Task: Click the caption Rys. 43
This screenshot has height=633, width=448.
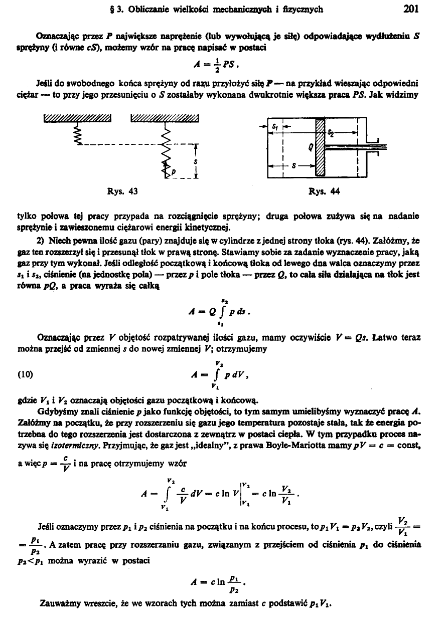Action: pos(122,191)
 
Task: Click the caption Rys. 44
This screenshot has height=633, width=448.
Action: pos(322,191)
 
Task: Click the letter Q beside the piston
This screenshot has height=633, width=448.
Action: pos(311,146)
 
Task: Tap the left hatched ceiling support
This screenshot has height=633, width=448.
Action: pos(77,118)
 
